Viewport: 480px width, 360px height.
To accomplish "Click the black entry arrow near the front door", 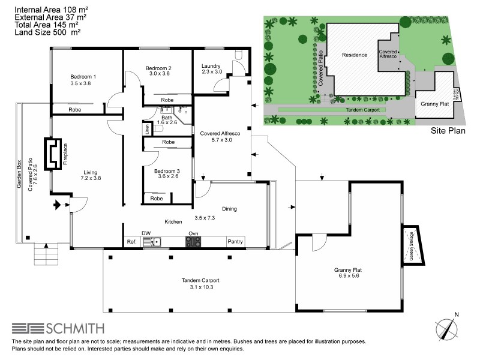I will pyautogui.click(x=58, y=205).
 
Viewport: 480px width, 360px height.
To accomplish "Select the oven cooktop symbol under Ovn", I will pyautogui.click(x=193, y=242).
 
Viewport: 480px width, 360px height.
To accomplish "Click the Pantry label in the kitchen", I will pyautogui.click(x=235, y=242).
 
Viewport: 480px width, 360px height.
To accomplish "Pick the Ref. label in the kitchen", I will pyautogui.click(x=132, y=242).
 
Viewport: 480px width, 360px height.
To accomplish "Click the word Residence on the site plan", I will pyautogui.click(x=354, y=55).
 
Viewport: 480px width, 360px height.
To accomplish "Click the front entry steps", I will pyautogui.click(x=47, y=254).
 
